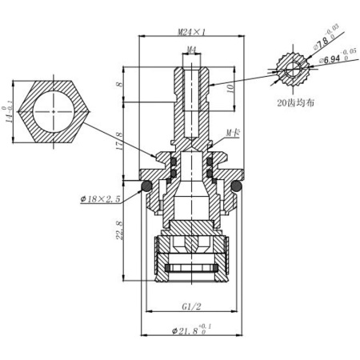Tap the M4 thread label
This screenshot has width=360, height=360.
point(190,50)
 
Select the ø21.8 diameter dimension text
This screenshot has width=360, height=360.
point(192,331)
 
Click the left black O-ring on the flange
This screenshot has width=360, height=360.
point(146,186)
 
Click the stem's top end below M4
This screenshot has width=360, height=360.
point(190,62)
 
